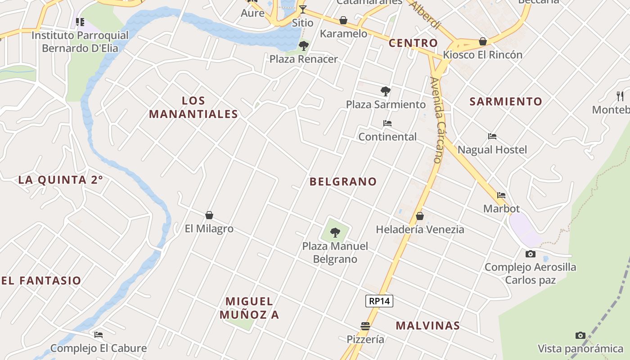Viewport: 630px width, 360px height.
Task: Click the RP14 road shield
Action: tap(379, 301)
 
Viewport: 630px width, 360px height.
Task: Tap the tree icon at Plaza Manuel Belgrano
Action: tap(335, 233)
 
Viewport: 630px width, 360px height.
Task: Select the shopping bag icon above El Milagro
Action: tap(209, 215)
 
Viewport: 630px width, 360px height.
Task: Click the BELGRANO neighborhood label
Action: tap(343, 181)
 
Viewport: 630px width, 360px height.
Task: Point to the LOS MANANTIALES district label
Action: tap(193, 108)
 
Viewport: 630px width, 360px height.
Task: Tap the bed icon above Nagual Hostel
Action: tap(492, 136)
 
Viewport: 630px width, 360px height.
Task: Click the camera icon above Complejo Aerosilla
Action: tap(531, 254)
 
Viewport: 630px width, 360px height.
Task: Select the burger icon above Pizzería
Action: tap(365, 326)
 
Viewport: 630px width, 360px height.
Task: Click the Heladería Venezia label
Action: tap(420, 229)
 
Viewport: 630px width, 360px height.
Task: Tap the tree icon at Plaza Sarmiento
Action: tap(385, 91)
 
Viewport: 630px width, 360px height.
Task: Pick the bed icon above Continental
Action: tap(387, 123)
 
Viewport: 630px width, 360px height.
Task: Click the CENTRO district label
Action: tap(413, 43)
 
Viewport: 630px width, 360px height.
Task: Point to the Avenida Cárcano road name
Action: tap(437, 120)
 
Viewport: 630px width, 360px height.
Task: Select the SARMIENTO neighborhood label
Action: tap(506, 101)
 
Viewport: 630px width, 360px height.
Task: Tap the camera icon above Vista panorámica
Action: tap(580, 335)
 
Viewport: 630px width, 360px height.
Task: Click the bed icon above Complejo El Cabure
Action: tap(99, 335)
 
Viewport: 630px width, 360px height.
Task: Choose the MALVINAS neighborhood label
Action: tap(427, 325)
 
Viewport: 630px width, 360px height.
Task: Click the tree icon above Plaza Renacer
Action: tap(304, 45)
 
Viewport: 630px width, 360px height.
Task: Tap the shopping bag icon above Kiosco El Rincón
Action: tap(483, 41)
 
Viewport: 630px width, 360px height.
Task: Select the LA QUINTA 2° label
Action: tap(60, 180)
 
